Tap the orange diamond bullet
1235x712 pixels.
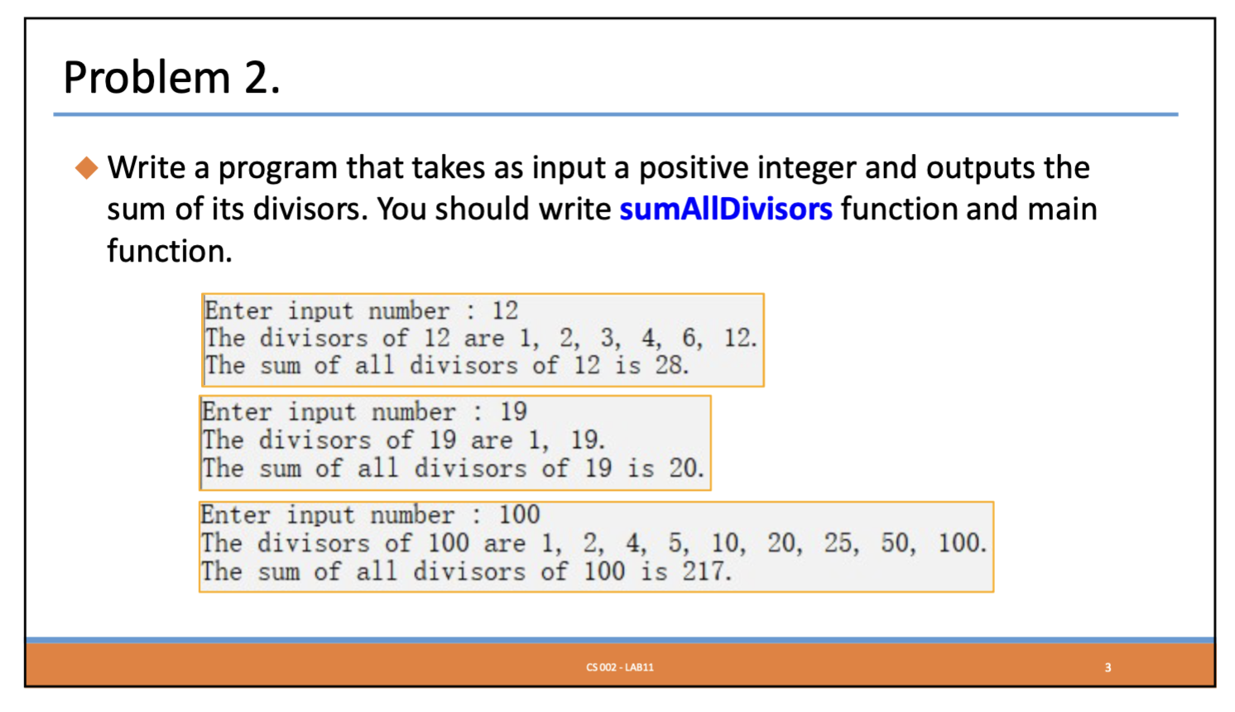pos(87,168)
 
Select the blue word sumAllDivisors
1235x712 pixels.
pos(726,209)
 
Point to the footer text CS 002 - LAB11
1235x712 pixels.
pos(620,667)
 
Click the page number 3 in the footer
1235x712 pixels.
pos(1108,668)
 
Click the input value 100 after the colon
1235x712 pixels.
pos(519,515)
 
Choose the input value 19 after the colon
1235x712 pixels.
pos(513,411)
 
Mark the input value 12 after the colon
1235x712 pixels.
pos(505,310)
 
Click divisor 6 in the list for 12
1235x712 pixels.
pos(690,338)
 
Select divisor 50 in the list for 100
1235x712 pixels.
pos(894,542)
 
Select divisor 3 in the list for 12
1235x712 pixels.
pos(608,338)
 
